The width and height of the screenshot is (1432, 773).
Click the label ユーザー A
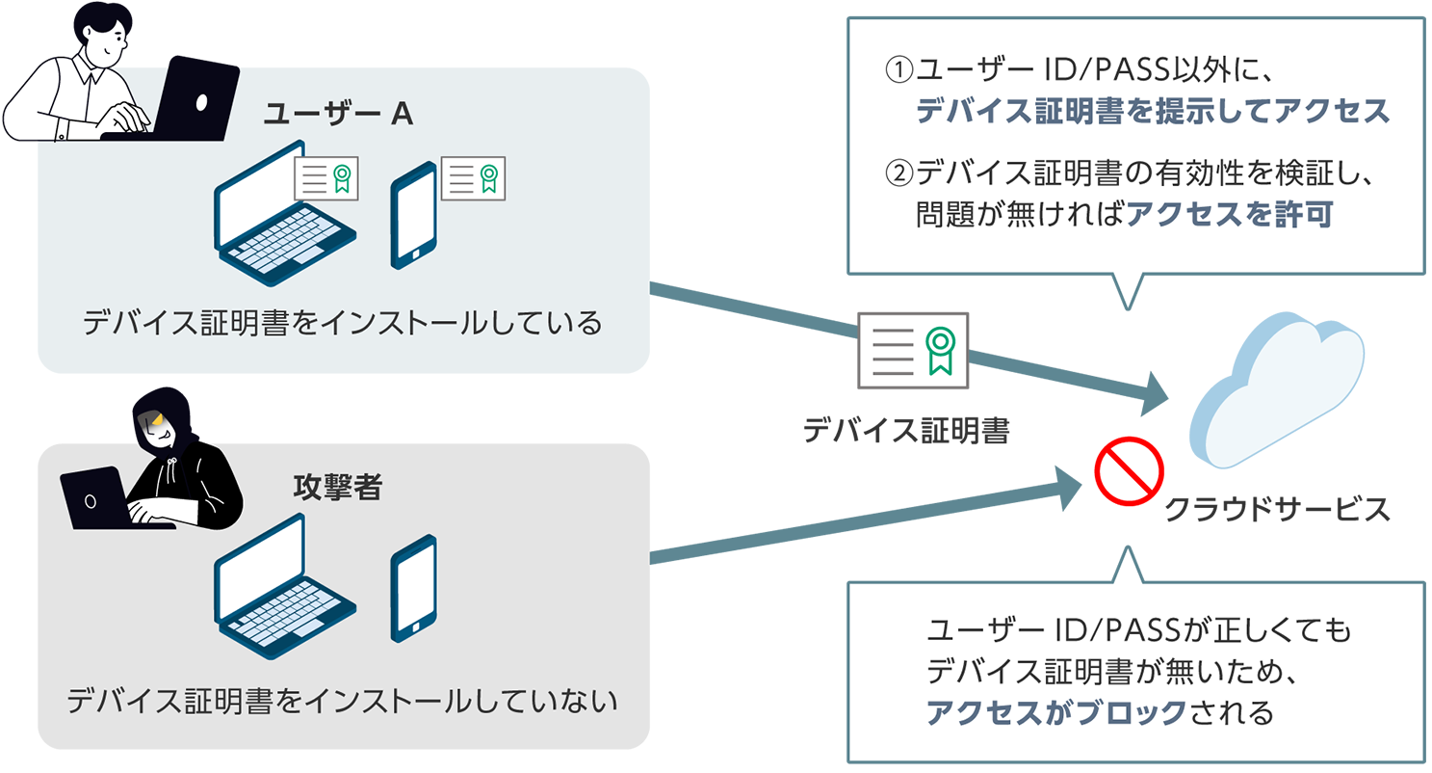point(338,115)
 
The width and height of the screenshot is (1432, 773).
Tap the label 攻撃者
point(337,488)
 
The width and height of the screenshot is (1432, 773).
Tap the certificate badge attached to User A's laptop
point(326,178)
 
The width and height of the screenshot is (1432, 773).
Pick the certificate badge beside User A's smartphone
point(473,178)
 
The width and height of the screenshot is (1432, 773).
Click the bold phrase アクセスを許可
point(1229,215)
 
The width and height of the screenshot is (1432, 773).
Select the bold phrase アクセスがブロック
point(1055,712)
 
